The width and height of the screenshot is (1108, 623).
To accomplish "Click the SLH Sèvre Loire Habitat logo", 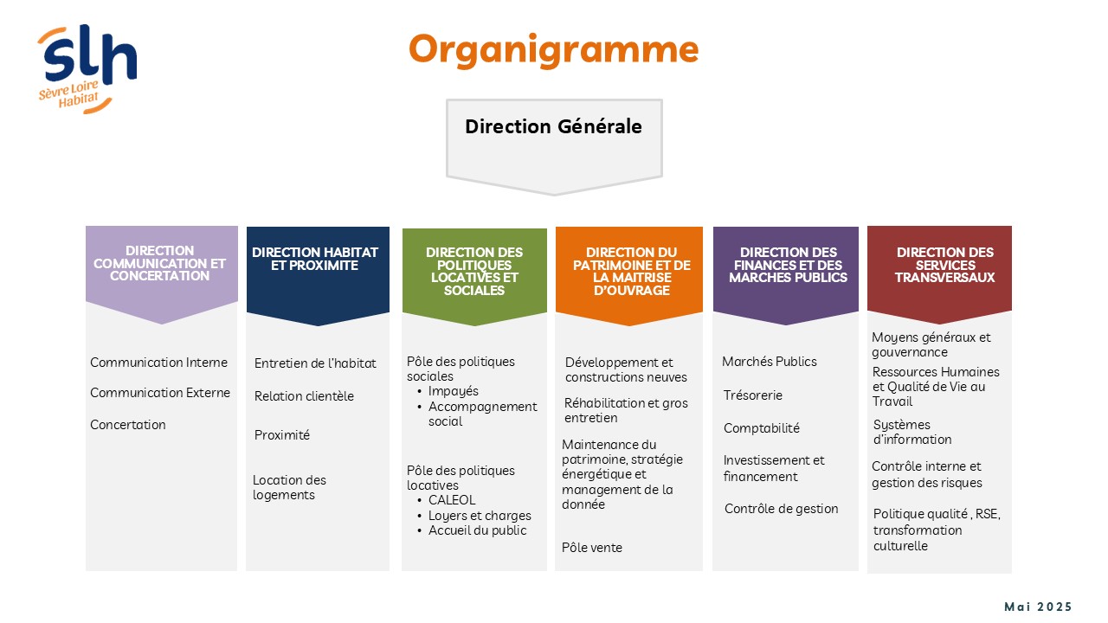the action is [87, 69].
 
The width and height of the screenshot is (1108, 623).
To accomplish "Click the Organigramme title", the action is [553, 49].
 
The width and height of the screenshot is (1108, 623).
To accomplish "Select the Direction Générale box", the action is [554, 147].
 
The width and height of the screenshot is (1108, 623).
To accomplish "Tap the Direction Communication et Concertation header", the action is [161, 274].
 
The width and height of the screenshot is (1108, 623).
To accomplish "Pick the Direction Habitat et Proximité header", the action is [318, 275].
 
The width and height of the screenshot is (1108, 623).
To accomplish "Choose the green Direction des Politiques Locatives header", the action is [474, 276].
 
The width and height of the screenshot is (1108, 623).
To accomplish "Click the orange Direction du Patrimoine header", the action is [629, 275].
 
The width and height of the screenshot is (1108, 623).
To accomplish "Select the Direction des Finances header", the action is [785, 275].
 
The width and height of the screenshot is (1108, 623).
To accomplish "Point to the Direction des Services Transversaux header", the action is [939, 274].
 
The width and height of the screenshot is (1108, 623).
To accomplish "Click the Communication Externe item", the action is [160, 393].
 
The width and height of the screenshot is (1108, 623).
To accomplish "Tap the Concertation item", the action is [127, 425].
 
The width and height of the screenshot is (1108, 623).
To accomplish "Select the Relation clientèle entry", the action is [304, 396].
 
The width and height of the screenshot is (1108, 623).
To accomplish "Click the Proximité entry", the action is [282, 435].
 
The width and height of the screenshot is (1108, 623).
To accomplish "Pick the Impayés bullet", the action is [453, 391].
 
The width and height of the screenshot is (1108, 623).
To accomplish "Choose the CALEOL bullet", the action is [452, 500].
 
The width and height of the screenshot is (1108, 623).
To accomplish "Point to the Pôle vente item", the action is [591, 548].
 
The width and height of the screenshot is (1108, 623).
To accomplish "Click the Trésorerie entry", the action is [753, 395].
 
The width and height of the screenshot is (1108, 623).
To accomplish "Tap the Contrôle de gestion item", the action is [781, 509].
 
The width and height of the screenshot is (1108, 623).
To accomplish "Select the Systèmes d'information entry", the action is [912, 432].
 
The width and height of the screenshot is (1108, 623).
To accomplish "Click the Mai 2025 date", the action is [1038, 607].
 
